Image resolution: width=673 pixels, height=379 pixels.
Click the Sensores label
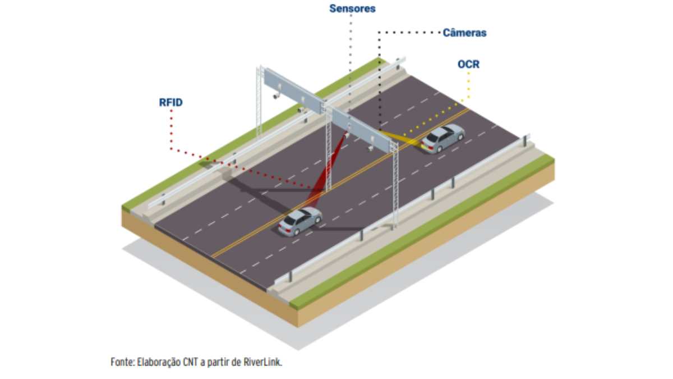(352, 8)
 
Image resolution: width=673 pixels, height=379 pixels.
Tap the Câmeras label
(464, 33)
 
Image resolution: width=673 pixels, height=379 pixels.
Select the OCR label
(468, 64)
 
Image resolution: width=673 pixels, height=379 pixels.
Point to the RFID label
(170, 102)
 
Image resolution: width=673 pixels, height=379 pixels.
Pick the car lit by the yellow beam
(443, 138)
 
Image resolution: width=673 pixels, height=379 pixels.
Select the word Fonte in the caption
(122, 362)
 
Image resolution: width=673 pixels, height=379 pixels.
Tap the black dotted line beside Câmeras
(409, 33)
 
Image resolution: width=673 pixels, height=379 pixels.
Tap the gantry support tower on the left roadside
(260, 101)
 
